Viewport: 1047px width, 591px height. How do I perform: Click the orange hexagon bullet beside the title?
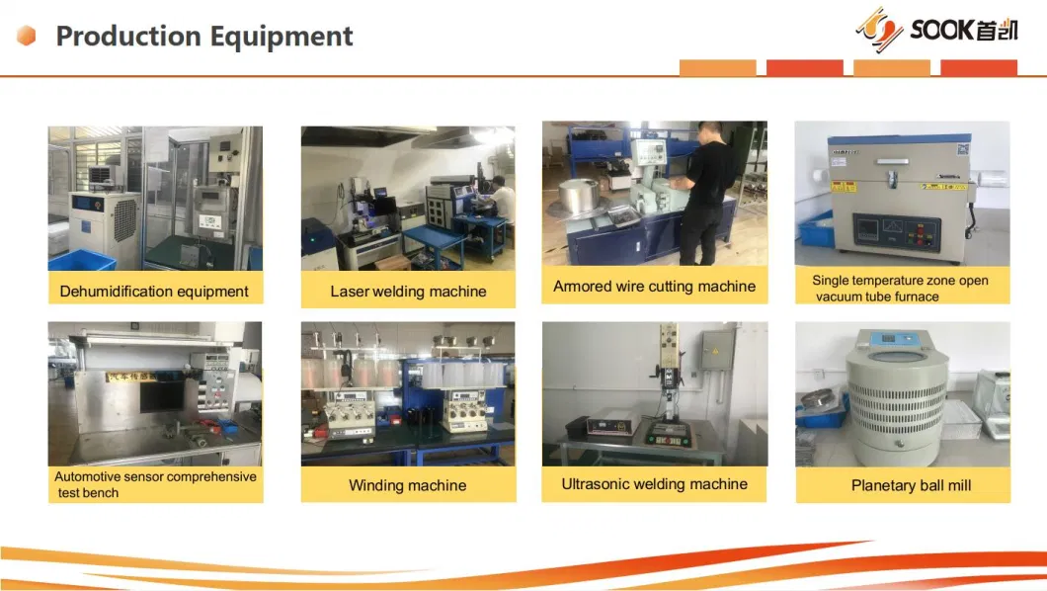pos(26,36)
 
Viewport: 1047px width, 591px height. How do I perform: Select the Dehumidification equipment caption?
pos(154,292)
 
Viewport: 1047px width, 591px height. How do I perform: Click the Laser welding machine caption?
pos(408,292)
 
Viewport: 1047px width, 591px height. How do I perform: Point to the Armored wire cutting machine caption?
pos(654,287)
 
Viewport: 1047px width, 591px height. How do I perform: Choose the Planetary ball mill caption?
pos(911,485)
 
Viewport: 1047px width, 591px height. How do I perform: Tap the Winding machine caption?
pos(407,485)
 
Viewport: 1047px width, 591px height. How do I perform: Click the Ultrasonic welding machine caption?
pos(654,484)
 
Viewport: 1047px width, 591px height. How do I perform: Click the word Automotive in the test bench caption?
pos(86,476)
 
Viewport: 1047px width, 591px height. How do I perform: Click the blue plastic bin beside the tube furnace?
pos(817,229)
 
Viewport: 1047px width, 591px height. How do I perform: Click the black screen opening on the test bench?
pos(161,395)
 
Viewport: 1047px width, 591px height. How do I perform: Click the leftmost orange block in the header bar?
pos(718,67)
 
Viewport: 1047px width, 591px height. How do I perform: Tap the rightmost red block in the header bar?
pos(979,67)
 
